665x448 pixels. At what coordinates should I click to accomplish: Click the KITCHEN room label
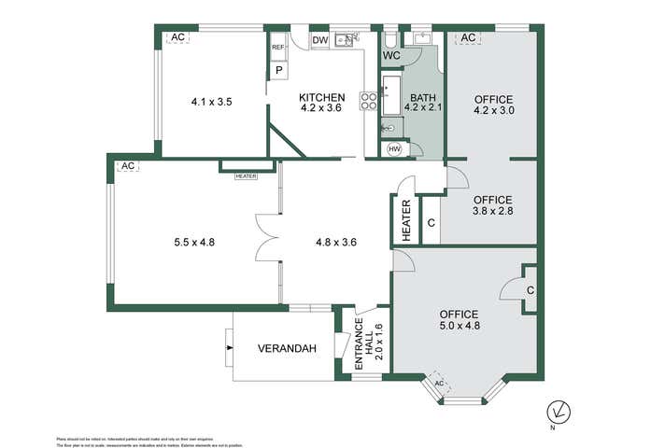point(322,103)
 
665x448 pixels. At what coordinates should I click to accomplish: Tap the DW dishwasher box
point(320,40)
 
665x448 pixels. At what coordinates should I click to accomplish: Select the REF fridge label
point(277,48)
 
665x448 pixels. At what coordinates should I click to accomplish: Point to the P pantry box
point(278,69)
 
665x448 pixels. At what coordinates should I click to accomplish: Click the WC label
point(391,55)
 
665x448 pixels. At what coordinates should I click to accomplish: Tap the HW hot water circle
point(393,149)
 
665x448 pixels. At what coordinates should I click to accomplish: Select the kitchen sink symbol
point(345,39)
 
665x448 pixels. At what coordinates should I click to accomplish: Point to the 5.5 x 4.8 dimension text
point(194,242)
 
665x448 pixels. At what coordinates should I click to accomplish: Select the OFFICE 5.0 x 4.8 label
point(459,320)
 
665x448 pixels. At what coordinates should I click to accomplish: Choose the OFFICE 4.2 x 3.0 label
point(493,104)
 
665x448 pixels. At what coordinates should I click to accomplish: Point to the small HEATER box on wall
point(246,175)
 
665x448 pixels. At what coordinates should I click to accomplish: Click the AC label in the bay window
point(439,383)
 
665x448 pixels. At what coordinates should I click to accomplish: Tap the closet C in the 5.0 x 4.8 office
point(529,289)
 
